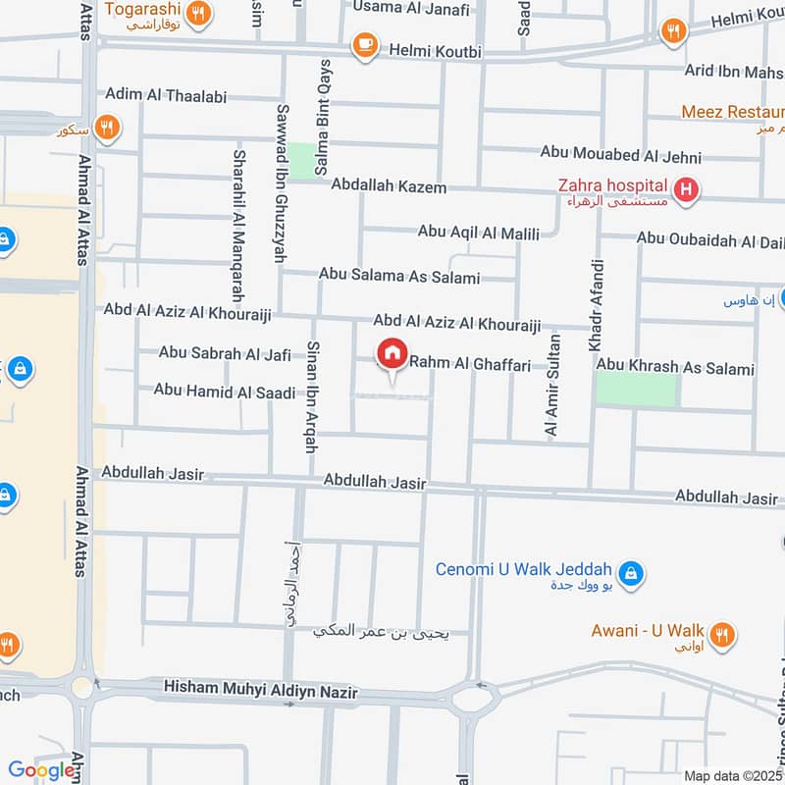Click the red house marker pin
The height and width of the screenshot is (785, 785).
tap(392, 353)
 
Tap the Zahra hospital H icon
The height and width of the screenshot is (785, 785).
tap(686, 188)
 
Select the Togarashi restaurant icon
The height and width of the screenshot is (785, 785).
tap(198, 14)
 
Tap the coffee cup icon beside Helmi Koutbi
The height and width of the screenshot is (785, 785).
tap(365, 45)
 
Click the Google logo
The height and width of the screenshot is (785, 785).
tap(41, 770)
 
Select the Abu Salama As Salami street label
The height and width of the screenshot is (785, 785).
tap(398, 278)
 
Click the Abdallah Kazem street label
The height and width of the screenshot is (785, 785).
tap(389, 186)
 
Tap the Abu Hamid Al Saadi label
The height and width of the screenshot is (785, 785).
tap(224, 392)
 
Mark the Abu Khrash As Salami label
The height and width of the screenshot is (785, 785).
tap(675, 369)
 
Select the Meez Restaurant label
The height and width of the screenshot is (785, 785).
tap(732, 113)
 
